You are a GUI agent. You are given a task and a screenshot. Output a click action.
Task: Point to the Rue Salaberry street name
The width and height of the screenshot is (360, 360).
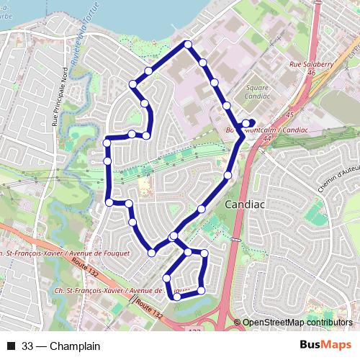pyautogui.click(x=310, y=64)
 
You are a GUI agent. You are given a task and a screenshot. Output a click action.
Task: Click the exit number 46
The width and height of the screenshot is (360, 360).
pyautogui.click(x=311, y=73)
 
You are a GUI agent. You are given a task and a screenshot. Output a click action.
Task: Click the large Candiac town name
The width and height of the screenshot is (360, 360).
pyautogui.click(x=245, y=204)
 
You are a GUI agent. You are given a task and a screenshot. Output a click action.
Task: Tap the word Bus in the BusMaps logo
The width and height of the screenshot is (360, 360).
pyautogui.click(x=311, y=346)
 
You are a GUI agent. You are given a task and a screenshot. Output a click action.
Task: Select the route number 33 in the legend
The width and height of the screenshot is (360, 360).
pyautogui.click(x=27, y=346)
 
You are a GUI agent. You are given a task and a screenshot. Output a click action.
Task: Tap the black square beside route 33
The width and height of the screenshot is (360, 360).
pyautogui.click(x=11, y=346)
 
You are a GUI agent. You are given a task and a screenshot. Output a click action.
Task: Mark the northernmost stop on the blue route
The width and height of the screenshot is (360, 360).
pyautogui.click(x=188, y=45)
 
